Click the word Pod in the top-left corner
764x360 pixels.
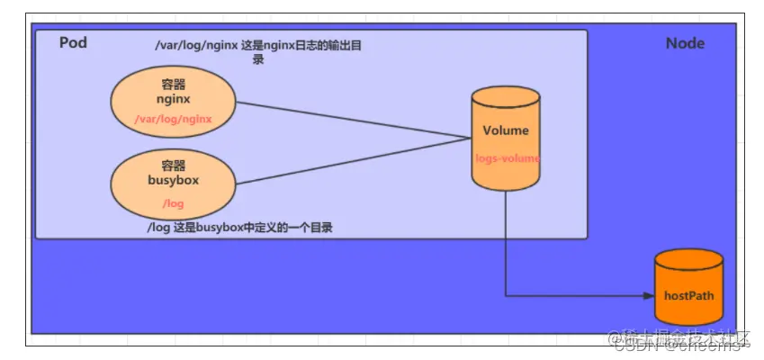73,43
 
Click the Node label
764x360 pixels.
685,43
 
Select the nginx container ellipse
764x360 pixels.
173,99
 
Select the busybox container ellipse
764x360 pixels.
173,184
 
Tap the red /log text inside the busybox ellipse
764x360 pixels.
173,203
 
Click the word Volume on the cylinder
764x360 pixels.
506,131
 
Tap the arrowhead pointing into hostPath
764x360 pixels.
649,295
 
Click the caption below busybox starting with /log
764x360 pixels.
239,229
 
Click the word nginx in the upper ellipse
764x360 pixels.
173,99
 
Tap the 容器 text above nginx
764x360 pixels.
173,83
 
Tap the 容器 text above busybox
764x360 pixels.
173,166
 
